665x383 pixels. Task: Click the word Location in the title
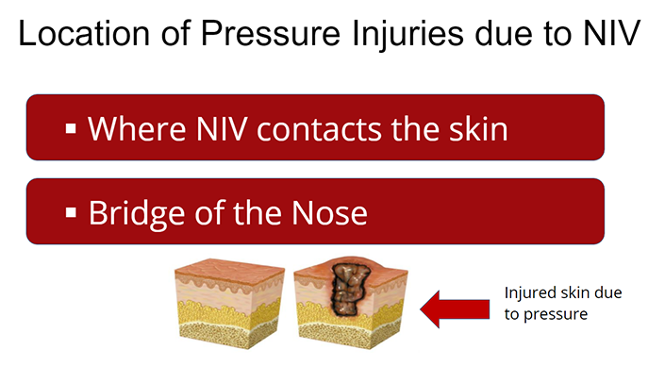[x=84, y=33]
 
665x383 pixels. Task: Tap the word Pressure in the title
[x=271, y=33]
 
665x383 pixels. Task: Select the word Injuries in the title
[x=407, y=35]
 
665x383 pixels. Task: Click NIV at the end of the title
[x=611, y=33]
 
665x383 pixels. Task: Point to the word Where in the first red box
[x=137, y=129]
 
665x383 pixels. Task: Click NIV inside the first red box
[x=222, y=129]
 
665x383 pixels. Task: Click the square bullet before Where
[x=71, y=128]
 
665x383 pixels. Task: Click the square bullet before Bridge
[x=71, y=212]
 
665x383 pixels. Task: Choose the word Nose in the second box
[x=329, y=212]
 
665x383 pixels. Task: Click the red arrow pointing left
[x=455, y=309]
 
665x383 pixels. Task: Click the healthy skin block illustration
[x=229, y=304]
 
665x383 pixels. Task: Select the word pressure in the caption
[x=556, y=316]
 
